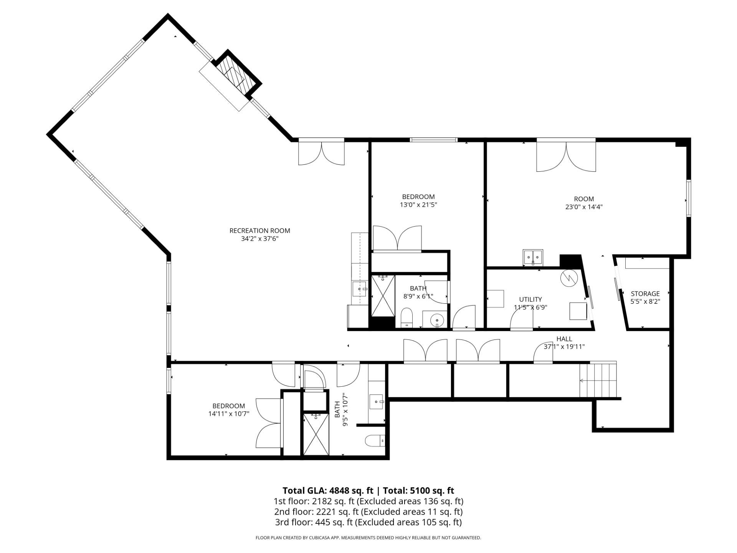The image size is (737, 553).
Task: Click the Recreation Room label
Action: click(x=259, y=231)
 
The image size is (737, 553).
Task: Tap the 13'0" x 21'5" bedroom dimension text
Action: click(x=418, y=205)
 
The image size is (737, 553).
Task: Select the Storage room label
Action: click(x=645, y=294)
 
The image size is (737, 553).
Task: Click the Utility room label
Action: click(x=530, y=299)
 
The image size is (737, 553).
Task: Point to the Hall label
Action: click(x=564, y=339)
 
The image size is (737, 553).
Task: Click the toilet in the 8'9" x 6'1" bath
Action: click(x=407, y=318)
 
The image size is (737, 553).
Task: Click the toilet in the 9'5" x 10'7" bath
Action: click(x=374, y=441)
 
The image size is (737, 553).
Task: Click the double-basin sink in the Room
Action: click(x=533, y=257)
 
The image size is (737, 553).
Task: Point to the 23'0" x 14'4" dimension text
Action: click(x=583, y=207)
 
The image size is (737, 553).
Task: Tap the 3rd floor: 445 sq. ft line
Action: click(x=368, y=522)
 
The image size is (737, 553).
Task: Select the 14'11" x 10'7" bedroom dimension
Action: click(x=229, y=414)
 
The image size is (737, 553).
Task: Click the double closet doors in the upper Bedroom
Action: click(x=397, y=239)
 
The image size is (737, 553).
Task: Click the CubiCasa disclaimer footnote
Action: click(x=368, y=538)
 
